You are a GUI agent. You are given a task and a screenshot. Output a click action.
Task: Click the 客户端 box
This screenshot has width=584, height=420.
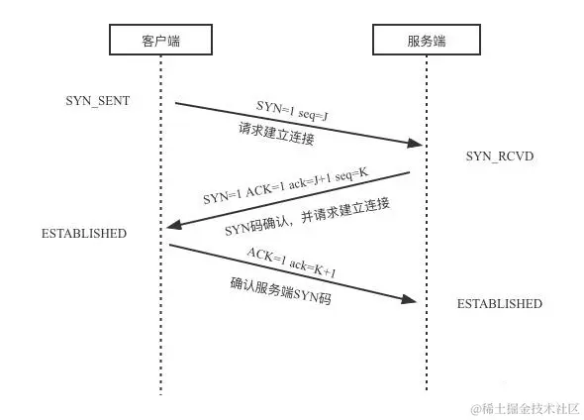[x=160, y=41]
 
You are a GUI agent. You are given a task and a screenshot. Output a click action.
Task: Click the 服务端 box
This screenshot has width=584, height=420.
[x=426, y=41]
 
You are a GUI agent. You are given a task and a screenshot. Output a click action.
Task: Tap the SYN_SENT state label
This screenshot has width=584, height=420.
[x=98, y=102]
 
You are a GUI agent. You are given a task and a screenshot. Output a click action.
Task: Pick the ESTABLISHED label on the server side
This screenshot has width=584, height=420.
[x=499, y=304]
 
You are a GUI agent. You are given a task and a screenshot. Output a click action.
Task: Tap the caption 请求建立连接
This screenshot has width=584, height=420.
[x=276, y=134]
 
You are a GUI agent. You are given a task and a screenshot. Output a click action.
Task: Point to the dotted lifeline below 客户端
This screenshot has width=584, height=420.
[x=160, y=327]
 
